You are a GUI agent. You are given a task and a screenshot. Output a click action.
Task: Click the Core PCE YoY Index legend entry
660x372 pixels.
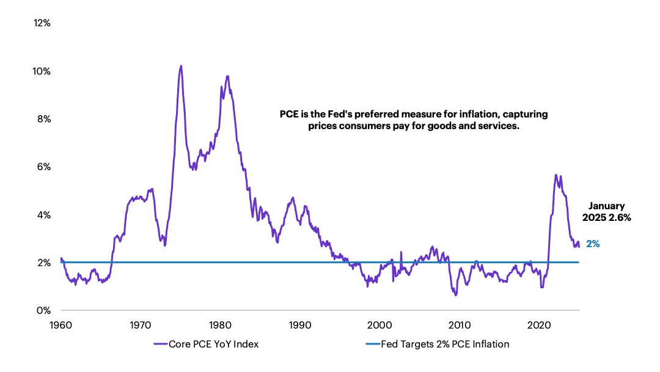click(x=206, y=344)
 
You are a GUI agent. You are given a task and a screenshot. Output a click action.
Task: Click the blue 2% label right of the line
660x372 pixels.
click(x=593, y=244)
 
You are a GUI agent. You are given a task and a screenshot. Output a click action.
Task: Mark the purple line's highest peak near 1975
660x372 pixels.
click(x=180, y=65)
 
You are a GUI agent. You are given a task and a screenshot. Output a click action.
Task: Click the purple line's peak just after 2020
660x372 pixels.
click(x=555, y=175)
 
